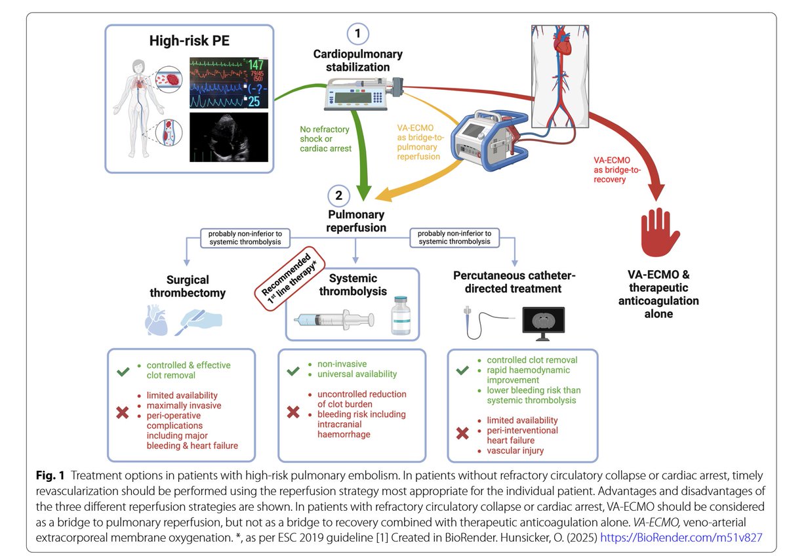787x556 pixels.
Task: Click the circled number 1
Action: (357, 33)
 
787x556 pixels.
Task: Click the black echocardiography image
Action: (229, 137)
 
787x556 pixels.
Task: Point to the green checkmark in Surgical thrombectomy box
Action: (123, 372)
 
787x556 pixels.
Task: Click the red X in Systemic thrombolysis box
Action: (293, 412)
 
